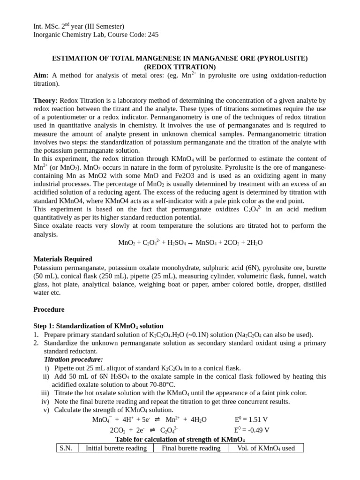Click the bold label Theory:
pyautogui.click(x=45, y=100)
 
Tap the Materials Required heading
pyautogui.click(x=63, y=259)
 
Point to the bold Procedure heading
pyautogui.click(x=49, y=309)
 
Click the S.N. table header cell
pyautogui.click(x=67, y=448)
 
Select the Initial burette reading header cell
pyautogui.click(x=116, y=448)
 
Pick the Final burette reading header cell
pyautogui.click(x=191, y=448)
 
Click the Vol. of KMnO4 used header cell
pyautogui.click(x=266, y=448)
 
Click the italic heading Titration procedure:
pyautogui.click(x=73, y=360)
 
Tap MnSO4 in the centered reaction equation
pyautogui.click(x=207, y=243)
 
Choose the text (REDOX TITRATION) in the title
pyautogui.click(x=180, y=67)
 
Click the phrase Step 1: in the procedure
pyautogui.click(x=45, y=326)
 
